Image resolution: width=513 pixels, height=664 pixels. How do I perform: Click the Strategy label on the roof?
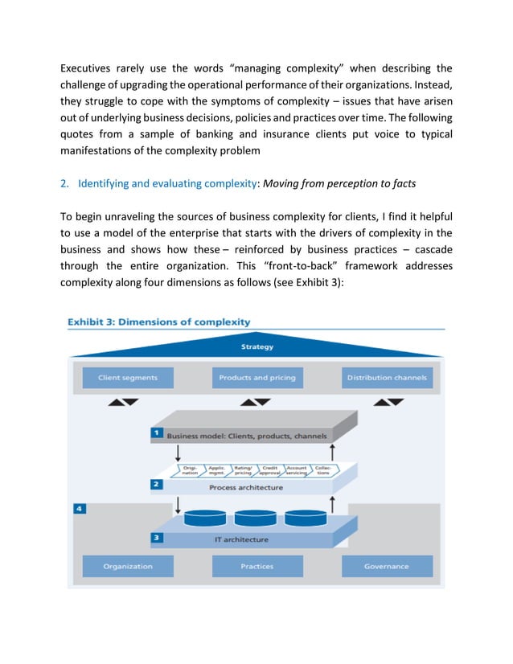[257, 347]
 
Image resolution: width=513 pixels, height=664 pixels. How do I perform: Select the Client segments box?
[128, 377]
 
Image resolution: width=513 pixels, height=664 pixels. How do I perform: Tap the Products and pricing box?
[257, 377]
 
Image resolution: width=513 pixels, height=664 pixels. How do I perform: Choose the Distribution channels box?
[386, 377]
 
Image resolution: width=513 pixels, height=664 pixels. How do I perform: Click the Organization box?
[128, 566]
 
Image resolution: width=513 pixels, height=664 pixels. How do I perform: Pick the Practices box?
[257, 566]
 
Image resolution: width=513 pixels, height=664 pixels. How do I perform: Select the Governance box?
[386, 566]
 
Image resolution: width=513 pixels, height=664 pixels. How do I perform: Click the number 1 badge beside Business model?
[158, 434]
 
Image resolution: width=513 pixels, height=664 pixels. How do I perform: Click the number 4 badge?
[78, 509]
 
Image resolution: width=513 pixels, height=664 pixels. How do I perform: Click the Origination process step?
[191, 470]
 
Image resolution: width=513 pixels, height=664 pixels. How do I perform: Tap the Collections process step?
[322, 470]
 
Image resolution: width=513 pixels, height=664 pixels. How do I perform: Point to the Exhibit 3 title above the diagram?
[158, 322]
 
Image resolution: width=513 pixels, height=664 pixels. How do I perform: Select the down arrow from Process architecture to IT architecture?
[178, 505]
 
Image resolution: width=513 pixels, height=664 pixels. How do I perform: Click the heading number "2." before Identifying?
[65, 183]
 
